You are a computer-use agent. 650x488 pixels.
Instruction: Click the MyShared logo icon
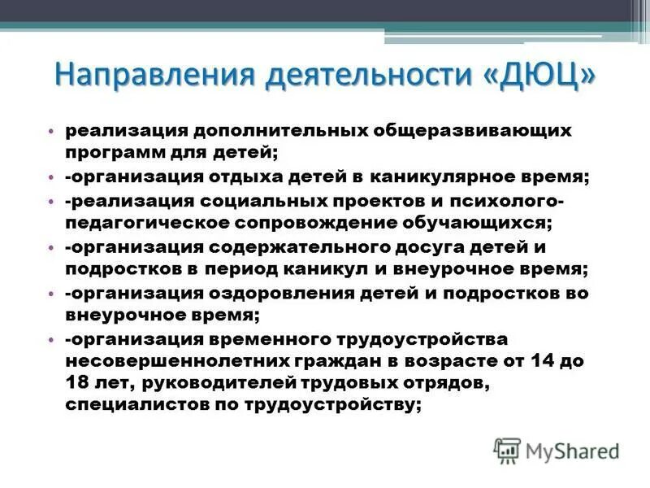point(506,449)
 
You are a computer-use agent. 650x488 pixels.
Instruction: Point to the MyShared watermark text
point(572,450)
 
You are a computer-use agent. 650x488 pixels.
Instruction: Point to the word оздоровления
point(267,290)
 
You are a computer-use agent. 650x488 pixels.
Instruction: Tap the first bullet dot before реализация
point(50,131)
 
